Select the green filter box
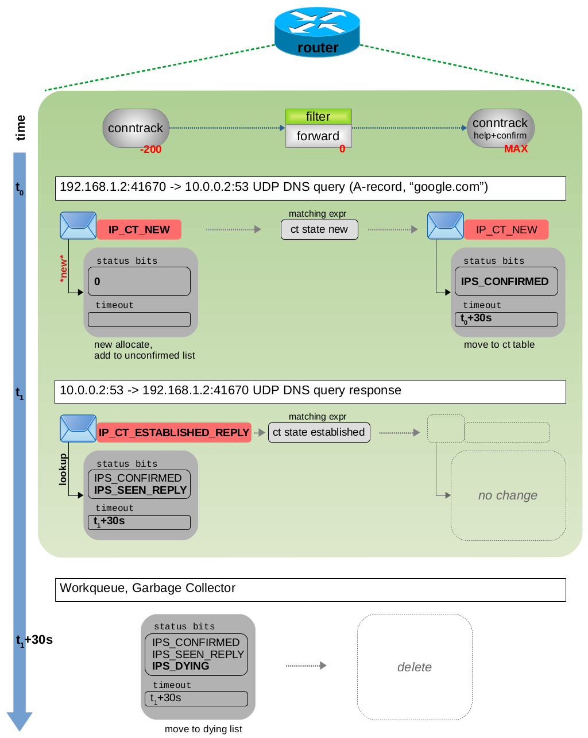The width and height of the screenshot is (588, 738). pyautogui.click(x=318, y=117)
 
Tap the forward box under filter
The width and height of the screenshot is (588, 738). pyautogui.click(x=318, y=136)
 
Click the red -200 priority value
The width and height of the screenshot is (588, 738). pyautogui.click(x=151, y=149)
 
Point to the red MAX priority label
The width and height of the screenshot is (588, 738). pyautogui.click(x=516, y=149)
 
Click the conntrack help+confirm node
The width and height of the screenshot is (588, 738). pyautogui.click(x=500, y=128)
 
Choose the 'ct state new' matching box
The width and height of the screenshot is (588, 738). pyautogui.click(x=319, y=229)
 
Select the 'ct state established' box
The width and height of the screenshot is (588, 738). pyautogui.click(x=319, y=432)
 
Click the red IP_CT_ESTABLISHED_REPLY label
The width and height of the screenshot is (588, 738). pyautogui.click(x=174, y=432)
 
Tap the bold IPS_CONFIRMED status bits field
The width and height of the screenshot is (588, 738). pyautogui.click(x=505, y=281)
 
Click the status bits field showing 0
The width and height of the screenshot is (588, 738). pyautogui.click(x=139, y=281)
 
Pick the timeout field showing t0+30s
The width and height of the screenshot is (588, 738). pyautogui.click(x=506, y=319)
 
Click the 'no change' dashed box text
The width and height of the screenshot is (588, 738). pyautogui.click(x=508, y=495)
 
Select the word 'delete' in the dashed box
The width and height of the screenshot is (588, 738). pyautogui.click(x=415, y=667)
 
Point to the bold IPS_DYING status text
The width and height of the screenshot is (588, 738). pyautogui.click(x=181, y=666)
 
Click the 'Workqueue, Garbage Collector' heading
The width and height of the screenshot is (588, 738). pyautogui.click(x=148, y=588)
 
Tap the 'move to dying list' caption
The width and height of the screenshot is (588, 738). pyautogui.click(x=203, y=729)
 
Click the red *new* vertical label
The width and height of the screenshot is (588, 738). pyautogui.click(x=63, y=268)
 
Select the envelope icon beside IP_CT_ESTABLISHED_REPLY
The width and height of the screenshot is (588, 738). pyautogui.click(x=78, y=429)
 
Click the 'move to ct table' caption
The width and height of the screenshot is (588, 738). pyautogui.click(x=499, y=344)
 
